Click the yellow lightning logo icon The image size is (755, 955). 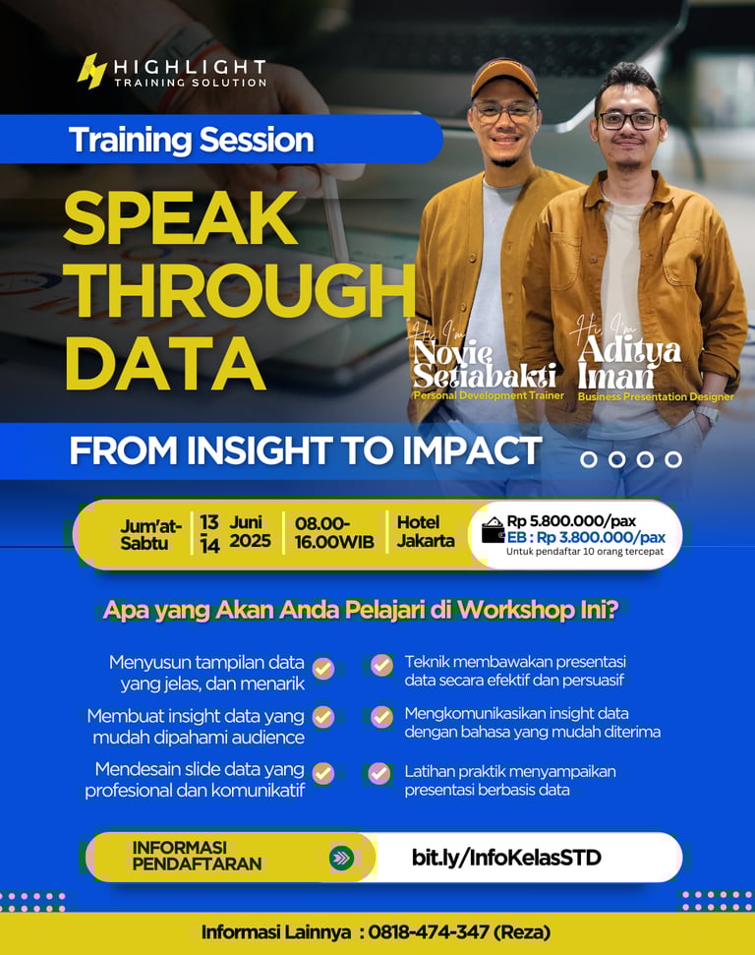tap(92, 71)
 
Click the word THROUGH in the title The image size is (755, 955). tap(240, 290)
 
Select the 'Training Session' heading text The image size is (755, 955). tap(191, 140)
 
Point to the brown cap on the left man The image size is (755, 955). tap(504, 78)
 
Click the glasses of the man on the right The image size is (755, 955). tap(629, 121)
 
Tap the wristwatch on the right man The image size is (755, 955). tap(707, 414)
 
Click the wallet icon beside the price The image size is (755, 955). tap(493, 530)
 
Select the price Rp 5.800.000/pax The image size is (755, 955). tap(571, 521)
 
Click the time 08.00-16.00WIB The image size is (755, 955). tap(334, 532)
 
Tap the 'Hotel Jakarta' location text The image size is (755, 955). tap(426, 531)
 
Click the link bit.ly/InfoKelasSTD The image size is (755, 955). tap(506, 858)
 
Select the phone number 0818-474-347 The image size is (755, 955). tap(428, 931)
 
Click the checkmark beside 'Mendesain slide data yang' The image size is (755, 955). tap(322, 773)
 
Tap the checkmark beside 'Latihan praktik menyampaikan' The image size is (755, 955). tap(379, 773)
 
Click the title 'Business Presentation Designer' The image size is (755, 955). tap(656, 396)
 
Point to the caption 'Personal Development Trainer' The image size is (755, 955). tap(489, 395)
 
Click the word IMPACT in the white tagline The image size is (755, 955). tap(471, 450)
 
